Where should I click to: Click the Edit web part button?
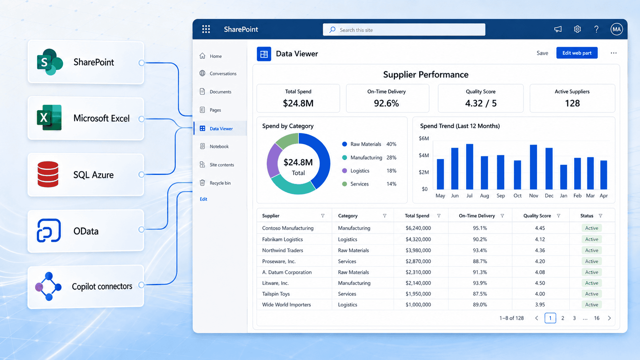[x=576, y=53]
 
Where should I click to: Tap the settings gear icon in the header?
[x=577, y=29]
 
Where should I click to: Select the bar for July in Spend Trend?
[x=469, y=166]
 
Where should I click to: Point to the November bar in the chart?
[x=533, y=167]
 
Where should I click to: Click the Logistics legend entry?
[x=360, y=171]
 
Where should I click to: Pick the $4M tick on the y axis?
[x=424, y=155]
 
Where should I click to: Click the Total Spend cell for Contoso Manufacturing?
[x=418, y=228]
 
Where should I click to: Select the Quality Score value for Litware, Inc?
[x=540, y=283]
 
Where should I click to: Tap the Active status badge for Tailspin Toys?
[x=591, y=294]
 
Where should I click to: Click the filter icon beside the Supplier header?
[x=323, y=216]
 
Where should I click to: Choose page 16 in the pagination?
[x=597, y=318]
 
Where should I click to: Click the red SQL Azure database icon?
[x=48, y=174]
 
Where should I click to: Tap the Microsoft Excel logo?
[x=49, y=117]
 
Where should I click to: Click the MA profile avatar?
[x=617, y=29]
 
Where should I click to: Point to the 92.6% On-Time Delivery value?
[x=386, y=103]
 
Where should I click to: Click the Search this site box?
[x=404, y=30]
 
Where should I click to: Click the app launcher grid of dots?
[x=206, y=29]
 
